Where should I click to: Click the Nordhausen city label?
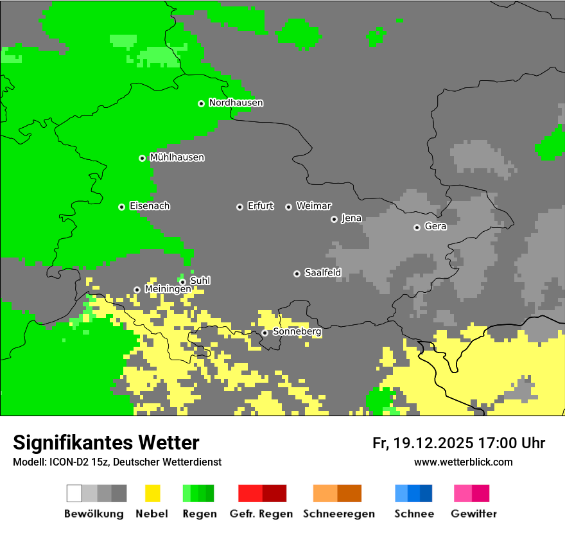pos(236,103)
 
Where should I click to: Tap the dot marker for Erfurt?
pos(239,207)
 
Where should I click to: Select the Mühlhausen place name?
pos(177,157)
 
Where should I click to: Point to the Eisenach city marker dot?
pos(121,207)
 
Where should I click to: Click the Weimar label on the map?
pos(313,206)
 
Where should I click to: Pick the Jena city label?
pos(351,218)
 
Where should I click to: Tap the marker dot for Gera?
pos(417,227)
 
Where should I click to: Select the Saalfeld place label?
pos(322,273)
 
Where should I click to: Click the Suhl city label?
pos(200,281)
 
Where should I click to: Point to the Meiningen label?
pos(167,290)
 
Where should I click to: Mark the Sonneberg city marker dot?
pos(265,333)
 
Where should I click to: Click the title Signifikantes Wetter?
pos(106,443)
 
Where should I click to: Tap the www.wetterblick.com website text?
pos(463,462)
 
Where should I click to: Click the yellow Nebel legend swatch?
pos(152,493)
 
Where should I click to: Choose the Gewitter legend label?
pos(474,514)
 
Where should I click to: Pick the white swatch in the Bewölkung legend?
pos(74,493)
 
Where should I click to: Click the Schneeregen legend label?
pos(338,514)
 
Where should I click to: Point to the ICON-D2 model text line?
pos(117,462)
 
